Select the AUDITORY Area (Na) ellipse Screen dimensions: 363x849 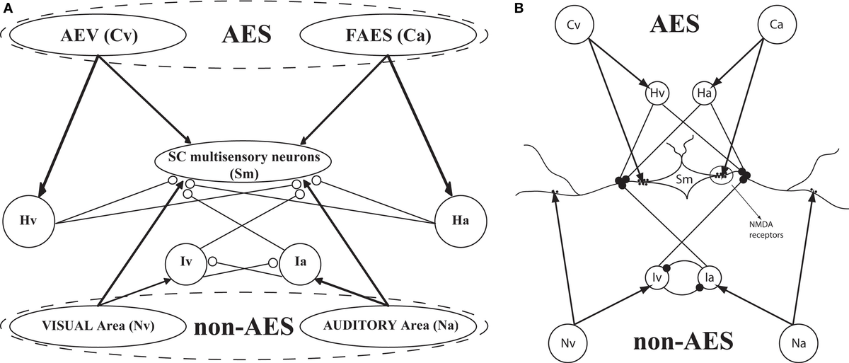pos(391,326)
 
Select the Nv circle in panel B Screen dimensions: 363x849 pos(568,342)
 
